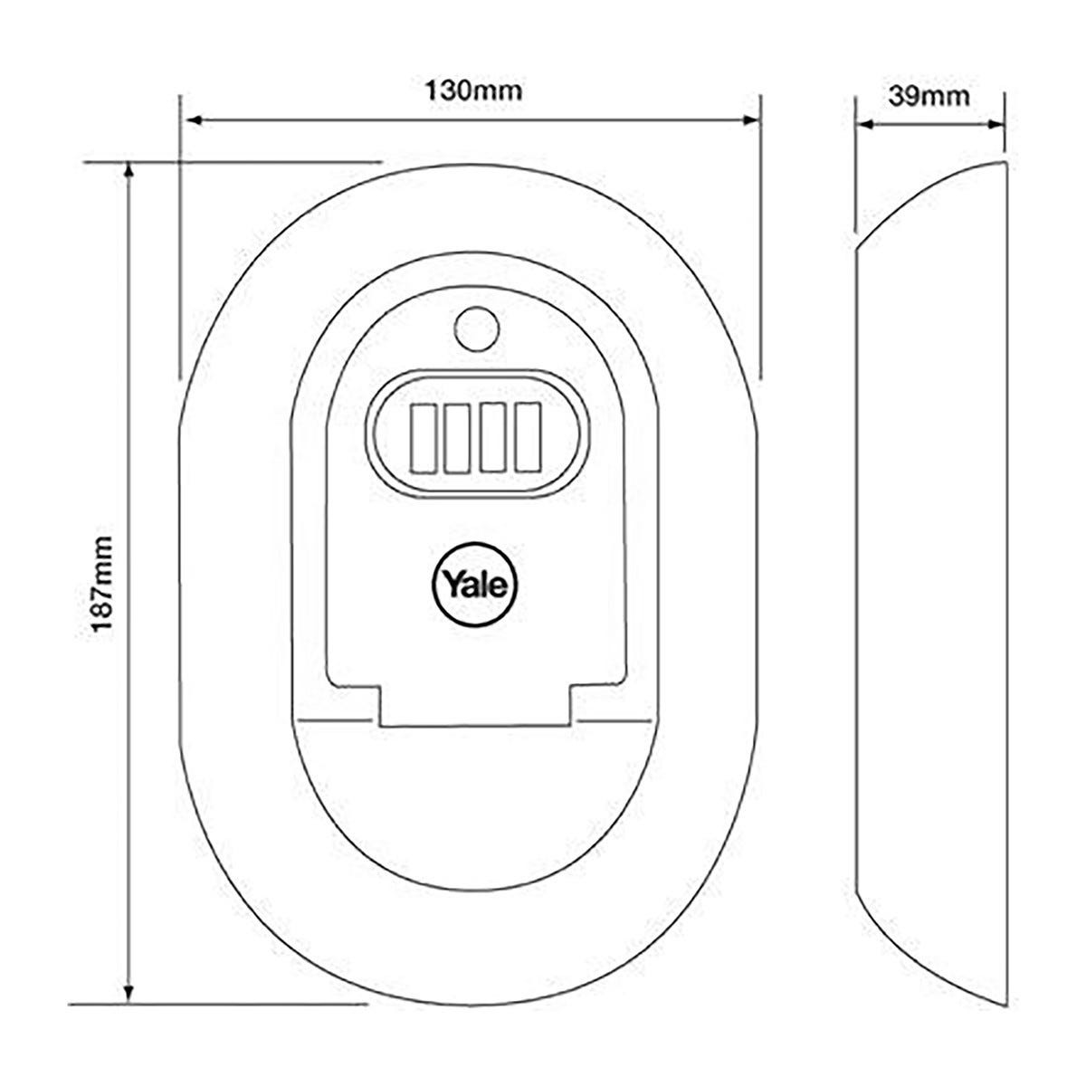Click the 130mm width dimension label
point(473,90)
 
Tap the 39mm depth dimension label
point(929,96)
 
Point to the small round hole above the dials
point(477,329)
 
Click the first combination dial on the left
point(424,438)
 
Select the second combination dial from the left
point(458,438)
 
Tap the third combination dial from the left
point(492,438)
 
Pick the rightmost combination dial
point(528,438)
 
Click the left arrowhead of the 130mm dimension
point(194,120)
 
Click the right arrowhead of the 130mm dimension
point(751,120)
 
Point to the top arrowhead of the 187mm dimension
point(129,170)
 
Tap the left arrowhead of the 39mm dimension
point(865,125)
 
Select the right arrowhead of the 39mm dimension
point(995,125)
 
